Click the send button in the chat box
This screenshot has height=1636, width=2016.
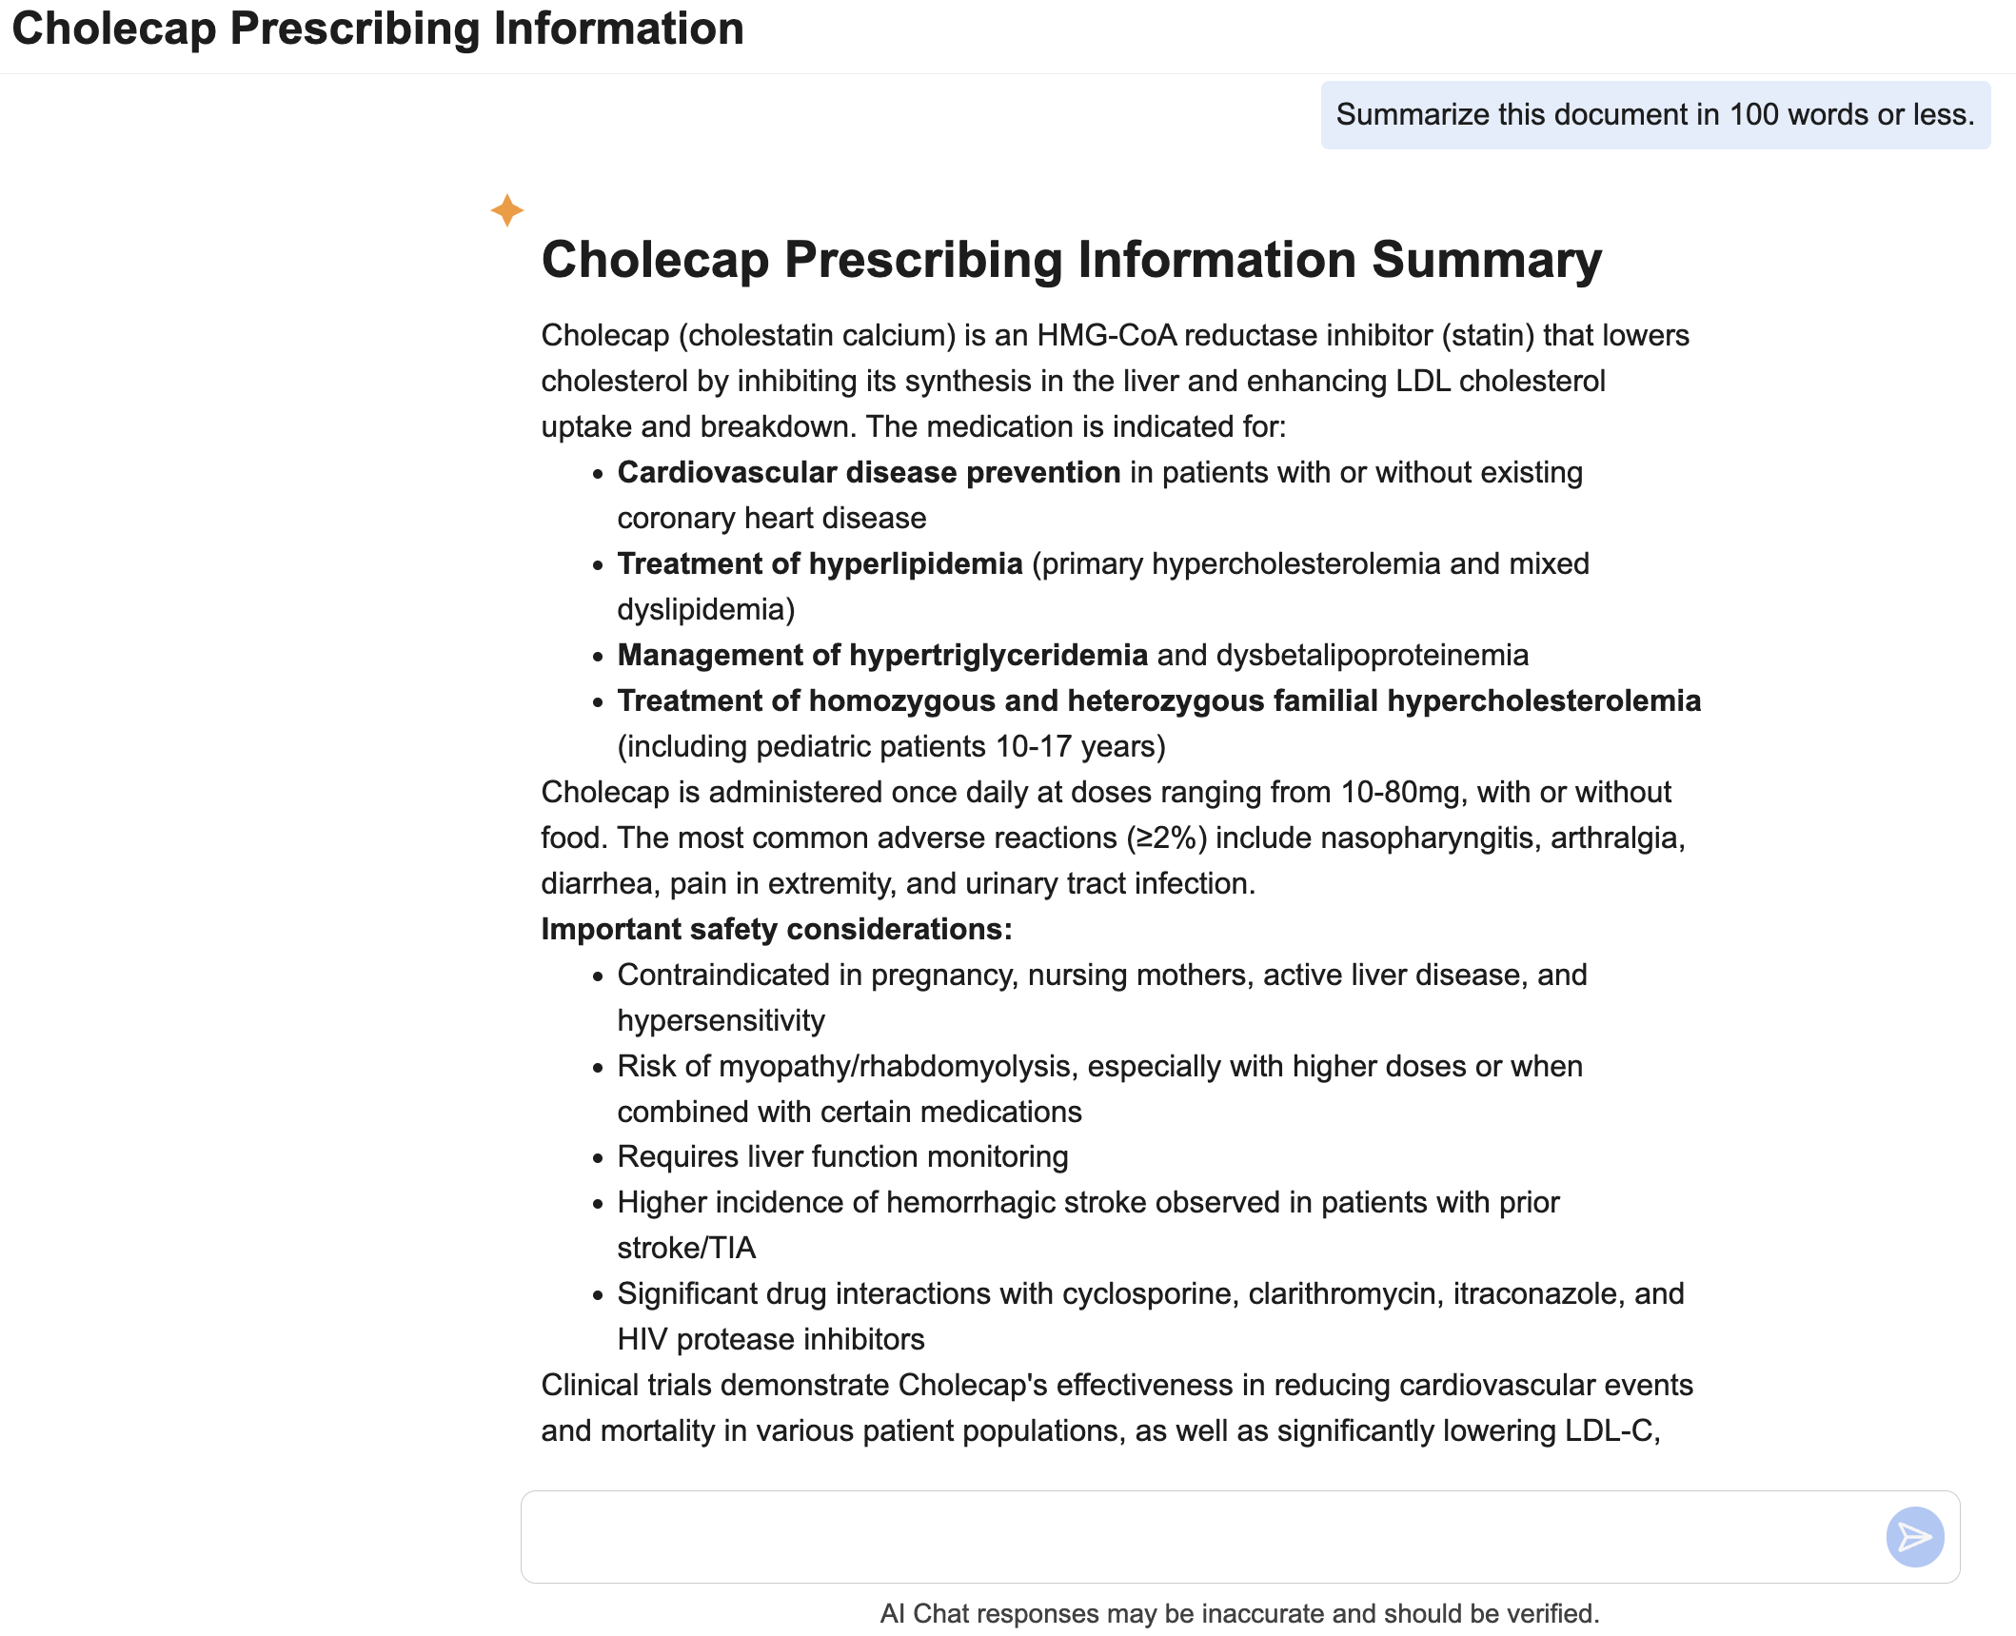1914,1536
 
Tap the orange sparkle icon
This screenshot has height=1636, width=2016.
507,210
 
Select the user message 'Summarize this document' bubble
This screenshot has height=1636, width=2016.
1654,115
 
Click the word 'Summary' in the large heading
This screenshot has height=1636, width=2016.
1486,260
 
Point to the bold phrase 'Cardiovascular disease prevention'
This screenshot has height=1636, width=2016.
868,472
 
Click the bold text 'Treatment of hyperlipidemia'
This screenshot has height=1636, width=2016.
820,563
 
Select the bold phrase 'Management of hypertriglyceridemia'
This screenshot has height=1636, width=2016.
881,655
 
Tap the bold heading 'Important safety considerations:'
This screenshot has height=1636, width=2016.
776,929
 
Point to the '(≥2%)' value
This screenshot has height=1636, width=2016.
1166,838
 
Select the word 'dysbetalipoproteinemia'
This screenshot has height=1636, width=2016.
1372,655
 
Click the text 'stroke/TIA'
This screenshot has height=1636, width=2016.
686,1248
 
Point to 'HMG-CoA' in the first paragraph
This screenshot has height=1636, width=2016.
1106,335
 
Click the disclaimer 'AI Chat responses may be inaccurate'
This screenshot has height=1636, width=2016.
1239,1613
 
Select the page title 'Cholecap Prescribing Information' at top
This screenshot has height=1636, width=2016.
378,29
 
